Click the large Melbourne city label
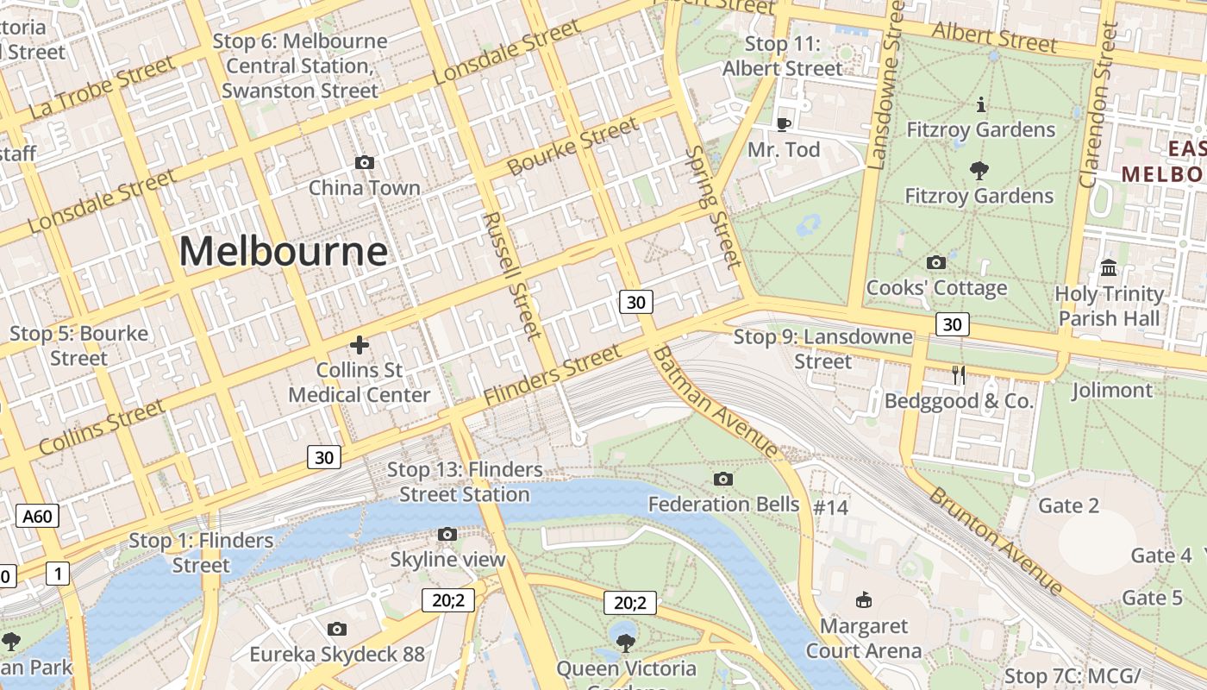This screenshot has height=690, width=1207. tap(283, 252)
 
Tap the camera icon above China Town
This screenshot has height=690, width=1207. tap(365, 162)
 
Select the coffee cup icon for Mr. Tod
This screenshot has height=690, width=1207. tap(783, 124)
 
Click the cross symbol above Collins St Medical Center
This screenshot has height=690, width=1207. tap(360, 345)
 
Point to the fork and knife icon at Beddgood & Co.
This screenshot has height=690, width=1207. tap(958, 374)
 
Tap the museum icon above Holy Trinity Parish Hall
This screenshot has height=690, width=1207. tap(1110, 267)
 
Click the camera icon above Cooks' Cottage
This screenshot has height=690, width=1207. tap(935, 262)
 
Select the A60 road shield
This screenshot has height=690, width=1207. tap(37, 517)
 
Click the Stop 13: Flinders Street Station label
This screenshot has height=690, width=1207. tap(465, 482)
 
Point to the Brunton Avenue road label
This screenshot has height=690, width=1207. tap(996, 541)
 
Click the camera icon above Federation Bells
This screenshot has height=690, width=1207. tap(723, 479)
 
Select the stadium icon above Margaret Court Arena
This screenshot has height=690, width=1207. tap(863, 599)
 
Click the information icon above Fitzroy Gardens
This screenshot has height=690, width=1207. tap(980, 105)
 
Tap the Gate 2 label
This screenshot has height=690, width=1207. tap(1068, 505)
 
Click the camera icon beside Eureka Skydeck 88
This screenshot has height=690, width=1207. tap(337, 629)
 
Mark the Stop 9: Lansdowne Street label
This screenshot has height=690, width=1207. tap(822, 348)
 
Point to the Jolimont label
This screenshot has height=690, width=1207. tap(1111, 391)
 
